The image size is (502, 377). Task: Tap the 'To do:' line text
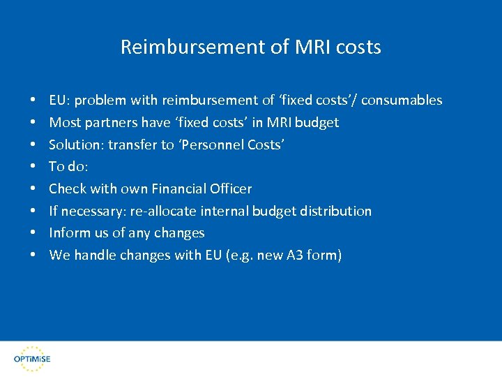pos(68,167)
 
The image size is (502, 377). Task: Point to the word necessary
pos(92,211)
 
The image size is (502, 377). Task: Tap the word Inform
pos(68,233)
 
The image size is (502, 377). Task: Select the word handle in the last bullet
pos(94,256)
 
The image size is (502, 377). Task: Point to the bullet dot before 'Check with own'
pos(33,189)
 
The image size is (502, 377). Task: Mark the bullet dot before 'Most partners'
pos(33,123)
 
